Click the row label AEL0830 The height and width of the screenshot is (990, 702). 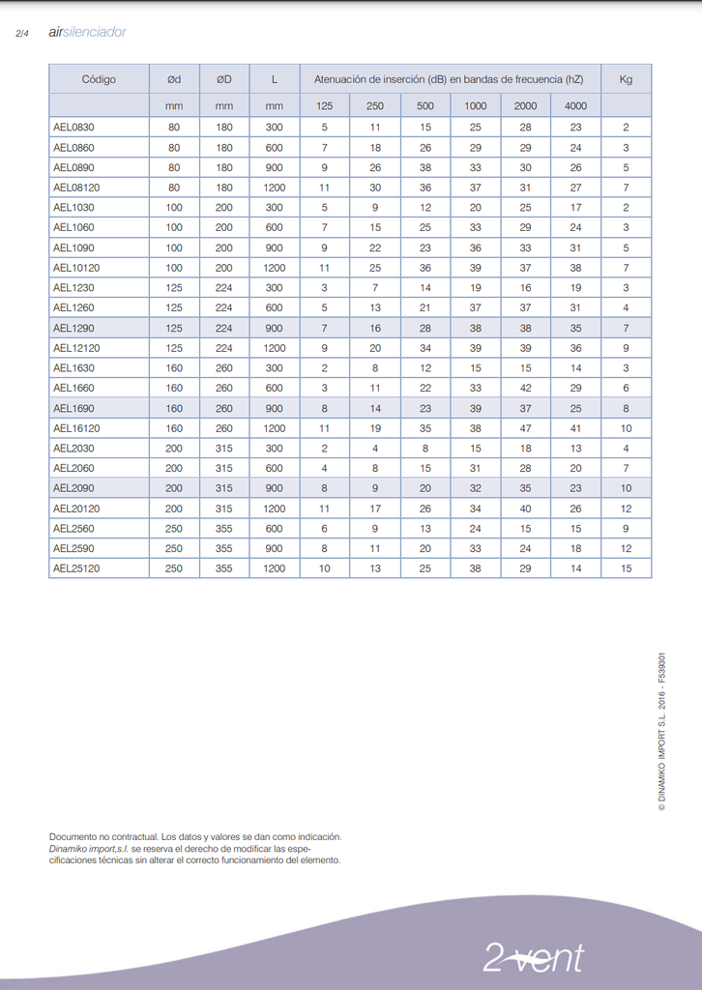tap(73, 127)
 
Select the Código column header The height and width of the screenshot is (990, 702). tap(99, 79)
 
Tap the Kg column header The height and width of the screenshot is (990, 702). tap(626, 79)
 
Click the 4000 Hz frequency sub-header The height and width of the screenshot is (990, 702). tap(575, 105)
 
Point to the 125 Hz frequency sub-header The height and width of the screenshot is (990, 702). tap(325, 105)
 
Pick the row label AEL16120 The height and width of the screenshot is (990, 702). tap(76, 427)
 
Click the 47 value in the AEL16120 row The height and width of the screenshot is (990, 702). tap(525, 427)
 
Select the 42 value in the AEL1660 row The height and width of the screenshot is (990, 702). tap(525, 388)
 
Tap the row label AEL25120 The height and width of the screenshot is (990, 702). tap(76, 568)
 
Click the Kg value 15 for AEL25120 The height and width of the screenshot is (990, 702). tap(626, 568)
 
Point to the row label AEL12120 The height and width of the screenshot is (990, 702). tap(76, 348)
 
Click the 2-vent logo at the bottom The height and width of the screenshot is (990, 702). tap(534, 957)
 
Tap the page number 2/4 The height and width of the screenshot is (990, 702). tap(23, 34)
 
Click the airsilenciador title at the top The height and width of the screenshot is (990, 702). tap(87, 32)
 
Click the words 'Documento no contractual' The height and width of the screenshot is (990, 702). tap(102, 836)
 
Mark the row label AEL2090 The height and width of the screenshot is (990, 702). tap(73, 488)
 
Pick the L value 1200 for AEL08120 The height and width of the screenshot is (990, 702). tap(275, 188)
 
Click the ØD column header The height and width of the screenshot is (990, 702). tap(224, 79)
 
